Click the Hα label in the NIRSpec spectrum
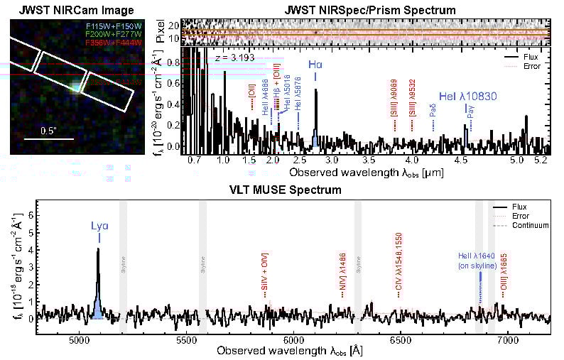(x=315, y=64)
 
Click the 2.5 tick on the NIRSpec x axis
(x=300, y=162)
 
